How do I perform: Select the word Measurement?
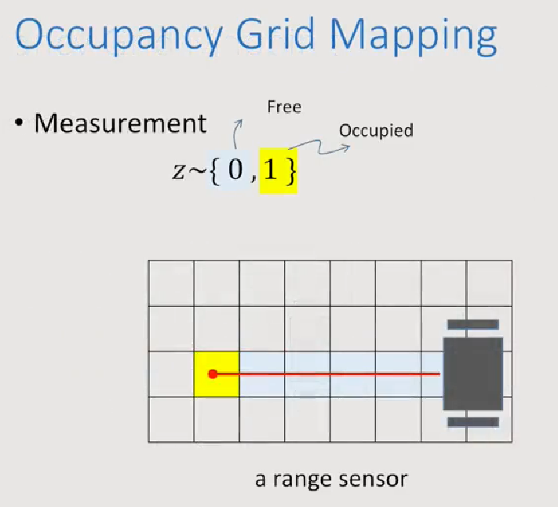(120, 124)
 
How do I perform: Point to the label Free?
(284, 107)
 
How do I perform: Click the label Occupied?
(376, 130)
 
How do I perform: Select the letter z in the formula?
(179, 173)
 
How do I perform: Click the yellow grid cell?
(217, 374)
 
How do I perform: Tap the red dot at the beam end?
(212, 374)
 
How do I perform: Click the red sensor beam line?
(330, 374)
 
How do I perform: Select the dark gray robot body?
(472, 374)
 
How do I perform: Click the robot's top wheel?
(472, 324)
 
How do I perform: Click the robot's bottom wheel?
(472, 421)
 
